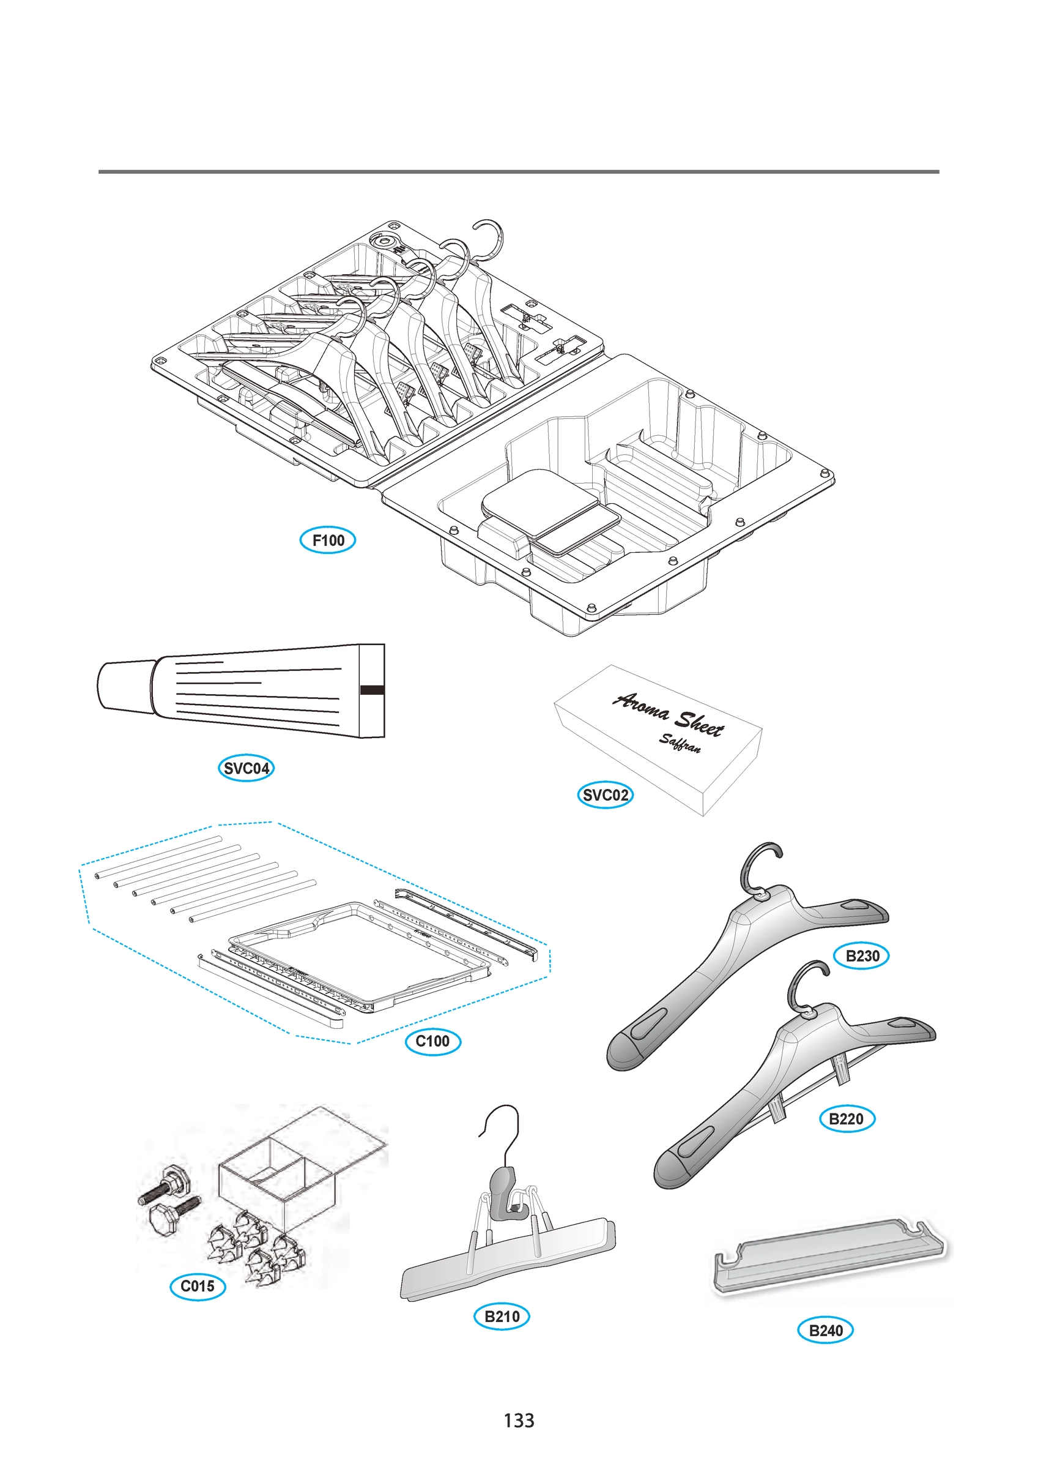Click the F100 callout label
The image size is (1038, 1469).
click(x=327, y=540)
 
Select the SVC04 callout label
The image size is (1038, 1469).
click(x=247, y=768)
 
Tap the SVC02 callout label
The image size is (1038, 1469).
click(x=605, y=794)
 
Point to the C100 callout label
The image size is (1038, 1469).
click(x=433, y=1041)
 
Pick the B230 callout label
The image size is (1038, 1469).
click(x=862, y=956)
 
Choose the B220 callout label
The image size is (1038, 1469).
click(x=846, y=1118)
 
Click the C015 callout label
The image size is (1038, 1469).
click(x=198, y=1286)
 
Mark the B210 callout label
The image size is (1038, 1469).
click(x=502, y=1316)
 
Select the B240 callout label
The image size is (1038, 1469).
click(x=826, y=1330)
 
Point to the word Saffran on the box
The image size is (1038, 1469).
click(x=680, y=744)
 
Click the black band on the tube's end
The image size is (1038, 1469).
click(x=373, y=690)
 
